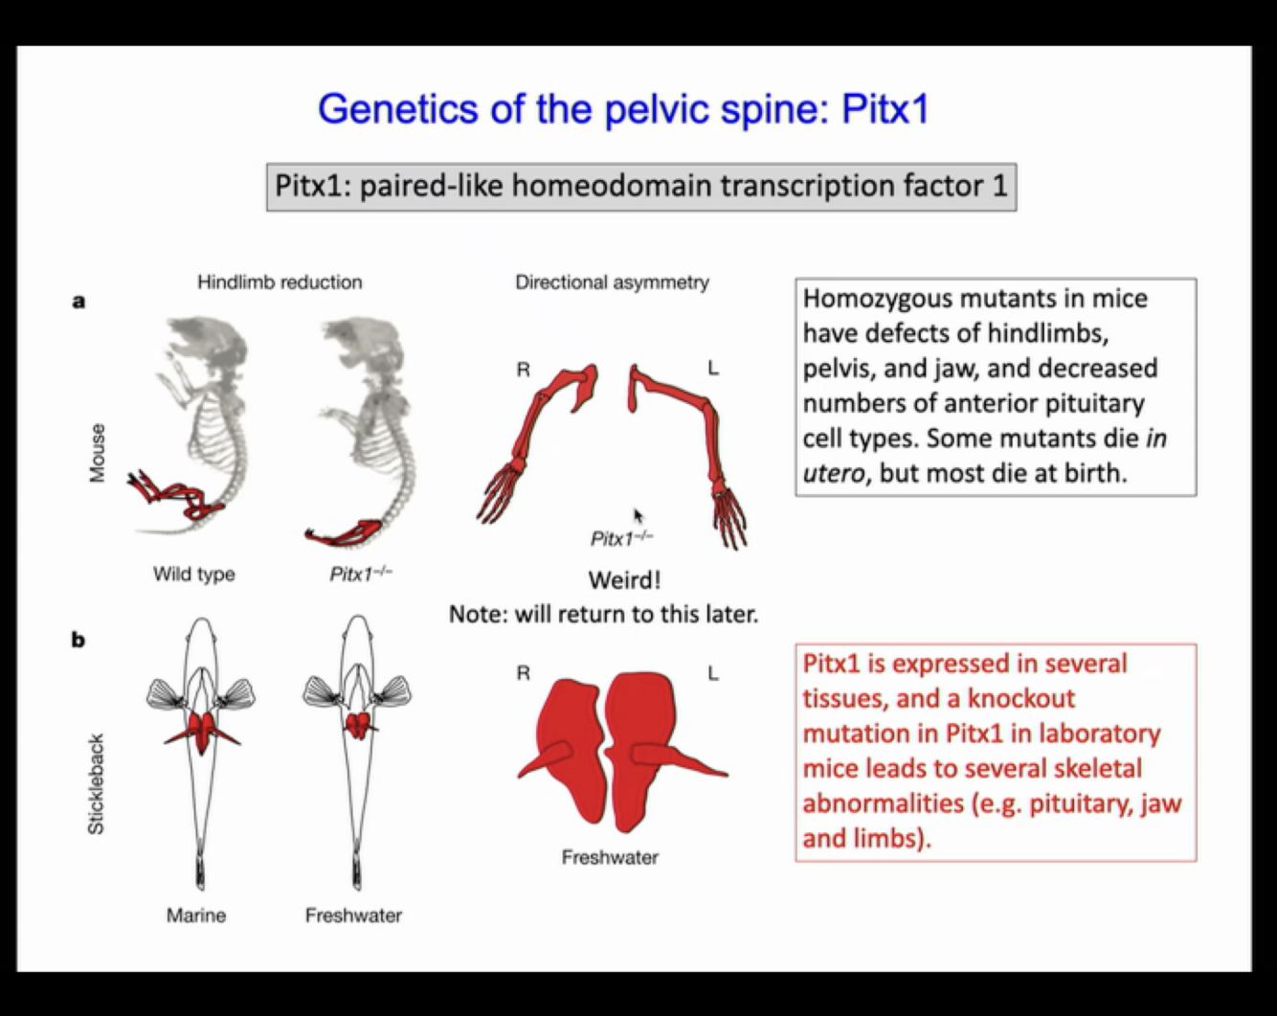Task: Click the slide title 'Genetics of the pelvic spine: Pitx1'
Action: pyautogui.click(x=623, y=109)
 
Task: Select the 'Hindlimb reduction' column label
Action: pyautogui.click(x=280, y=282)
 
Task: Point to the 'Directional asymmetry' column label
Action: pyautogui.click(x=612, y=282)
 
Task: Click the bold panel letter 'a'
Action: pyautogui.click(x=78, y=302)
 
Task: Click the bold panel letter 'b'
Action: pyautogui.click(x=78, y=640)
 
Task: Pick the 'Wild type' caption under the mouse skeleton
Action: pyautogui.click(x=193, y=575)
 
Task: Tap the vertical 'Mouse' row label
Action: pyautogui.click(x=97, y=453)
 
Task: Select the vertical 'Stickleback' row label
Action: pyautogui.click(x=96, y=784)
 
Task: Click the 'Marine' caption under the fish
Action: pyautogui.click(x=196, y=915)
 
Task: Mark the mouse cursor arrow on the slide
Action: pyautogui.click(x=638, y=515)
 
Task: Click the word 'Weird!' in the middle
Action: pyautogui.click(x=624, y=580)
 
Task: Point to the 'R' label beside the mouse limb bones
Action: pyautogui.click(x=523, y=370)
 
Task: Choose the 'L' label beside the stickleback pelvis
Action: pyautogui.click(x=713, y=674)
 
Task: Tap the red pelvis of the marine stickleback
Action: pyautogui.click(x=203, y=732)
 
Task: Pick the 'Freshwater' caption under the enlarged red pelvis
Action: pyautogui.click(x=610, y=858)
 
